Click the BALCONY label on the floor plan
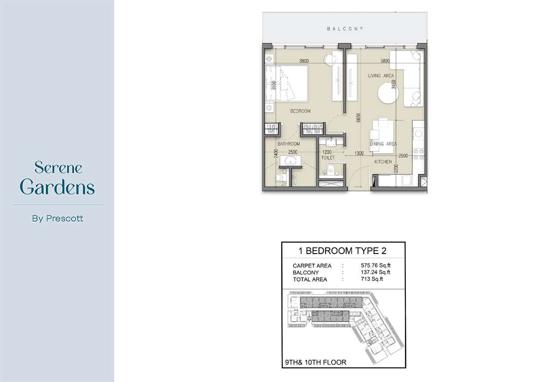pyautogui.click(x=345, y=29)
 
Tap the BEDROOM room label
pyautogui.click(x=300, y=111)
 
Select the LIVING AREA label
pyautogui.click(x=381, y=76)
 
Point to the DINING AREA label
pyautogui.click(x=383, y=144)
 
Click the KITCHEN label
pyautogui.click(x=383, y=162)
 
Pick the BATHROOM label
pyautogui.click(x=289, y=144)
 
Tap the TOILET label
pyautogui.click(x=328, y=158)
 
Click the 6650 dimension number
pyautogui.click(x=359, y=117)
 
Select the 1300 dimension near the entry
pyautogui.click(x=359, y=153)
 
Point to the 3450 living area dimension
pyautogui.click(x=393, y=85)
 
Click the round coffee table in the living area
pyautogui.click(x=388, y=93)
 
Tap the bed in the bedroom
pyautogui.click(x=287, y=84)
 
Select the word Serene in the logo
pyautogui.click(x=58, y=167)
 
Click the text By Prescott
pyautogui.click(x=58, y=218)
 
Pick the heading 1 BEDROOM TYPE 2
pyautogui.click(x=342, y=251)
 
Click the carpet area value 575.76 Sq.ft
pyautogui.click(x=375, y=266)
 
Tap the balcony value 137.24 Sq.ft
pyautogui.click(x=375, y=272)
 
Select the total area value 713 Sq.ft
pyautogui.click(x=372, y=279)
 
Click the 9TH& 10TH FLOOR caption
pyautogui.click(x=316, y=363)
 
